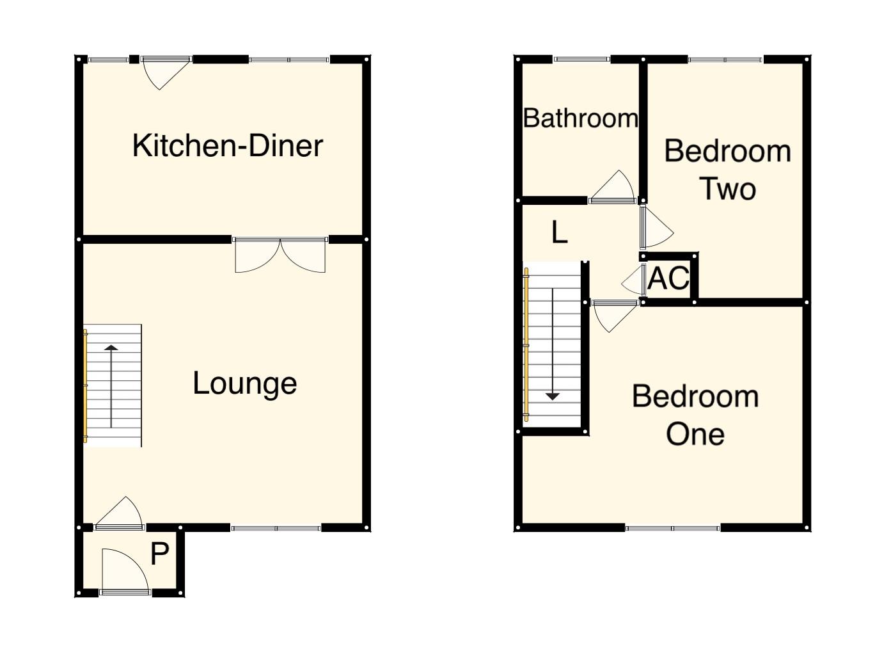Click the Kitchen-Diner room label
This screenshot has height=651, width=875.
tap(228, 145)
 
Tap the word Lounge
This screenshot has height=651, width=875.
tap(245, 383)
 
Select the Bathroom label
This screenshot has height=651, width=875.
tap(580, 118)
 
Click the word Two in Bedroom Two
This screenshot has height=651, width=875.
tap(728, 189)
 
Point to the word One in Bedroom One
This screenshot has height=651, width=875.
tap(695, 434)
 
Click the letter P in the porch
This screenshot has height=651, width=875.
tap(159, 554)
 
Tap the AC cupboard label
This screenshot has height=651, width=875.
tap(668, 278)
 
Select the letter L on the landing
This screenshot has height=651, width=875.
tap(559, 232)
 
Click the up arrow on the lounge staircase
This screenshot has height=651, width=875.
tap(111, 350)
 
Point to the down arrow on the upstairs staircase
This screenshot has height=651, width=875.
tap(553, 396)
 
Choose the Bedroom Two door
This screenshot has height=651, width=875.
tap(654, 227)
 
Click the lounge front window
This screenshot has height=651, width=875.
tap(276, 528)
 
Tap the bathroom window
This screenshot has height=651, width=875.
tap(581, 60)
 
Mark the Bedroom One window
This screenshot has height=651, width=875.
tap(672, 528)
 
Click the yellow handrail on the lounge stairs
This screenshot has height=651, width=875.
tap(85, 385)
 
